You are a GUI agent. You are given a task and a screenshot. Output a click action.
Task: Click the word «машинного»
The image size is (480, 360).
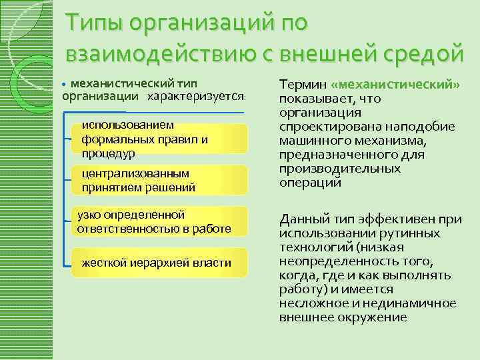(x=311, y=141)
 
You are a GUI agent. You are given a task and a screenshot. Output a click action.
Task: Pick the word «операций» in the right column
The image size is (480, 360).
(x=310, y=182)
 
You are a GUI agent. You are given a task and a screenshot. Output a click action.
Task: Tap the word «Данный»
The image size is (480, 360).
(x=303, y=219)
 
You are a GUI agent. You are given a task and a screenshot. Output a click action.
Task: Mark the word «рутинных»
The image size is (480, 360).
(x=407, y=233)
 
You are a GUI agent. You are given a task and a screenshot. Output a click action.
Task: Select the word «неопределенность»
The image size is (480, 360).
(x=328, y=261)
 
